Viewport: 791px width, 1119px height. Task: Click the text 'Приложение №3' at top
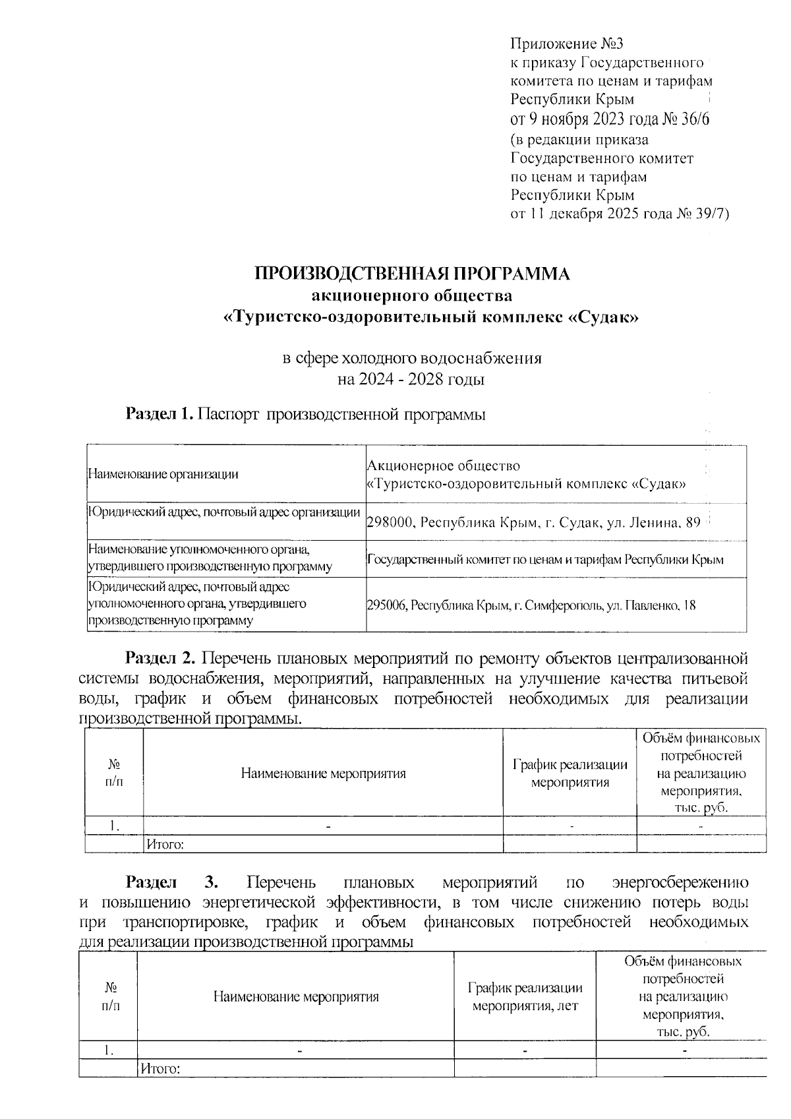point(567,44)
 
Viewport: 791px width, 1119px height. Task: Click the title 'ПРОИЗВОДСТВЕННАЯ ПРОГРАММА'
point(412,274)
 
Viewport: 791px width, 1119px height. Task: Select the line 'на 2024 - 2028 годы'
point(411,380)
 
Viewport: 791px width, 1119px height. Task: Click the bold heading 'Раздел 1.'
point(160,414)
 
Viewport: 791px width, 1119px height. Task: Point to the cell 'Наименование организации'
point(163,473)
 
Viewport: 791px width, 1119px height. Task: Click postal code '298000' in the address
point(390,523)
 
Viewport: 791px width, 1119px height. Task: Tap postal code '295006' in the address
point(387,605)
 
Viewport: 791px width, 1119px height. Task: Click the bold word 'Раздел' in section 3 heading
point(151,882)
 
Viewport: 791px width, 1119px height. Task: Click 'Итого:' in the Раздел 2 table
point(164,843)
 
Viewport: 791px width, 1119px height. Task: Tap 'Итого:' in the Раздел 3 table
point(160,1068)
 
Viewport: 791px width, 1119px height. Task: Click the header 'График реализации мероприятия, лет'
point(525,997)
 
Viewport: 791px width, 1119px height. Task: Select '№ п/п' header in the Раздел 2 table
point(114,772)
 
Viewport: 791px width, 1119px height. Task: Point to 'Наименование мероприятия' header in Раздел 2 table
point(323,773)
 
